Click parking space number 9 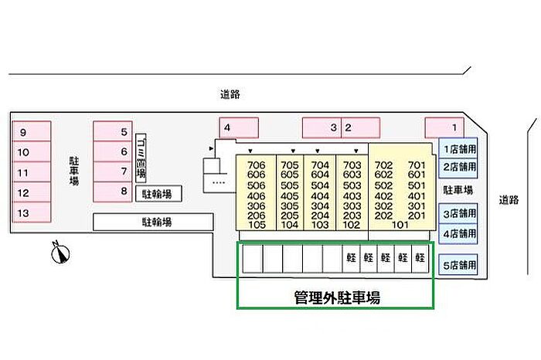31,131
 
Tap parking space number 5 113,131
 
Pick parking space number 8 113,191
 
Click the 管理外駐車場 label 336,297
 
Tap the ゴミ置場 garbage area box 141,158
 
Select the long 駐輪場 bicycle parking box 153,222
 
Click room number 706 257,165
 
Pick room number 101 400,226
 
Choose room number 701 417,165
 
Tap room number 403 352,195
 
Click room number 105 257,226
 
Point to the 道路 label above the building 230,95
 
